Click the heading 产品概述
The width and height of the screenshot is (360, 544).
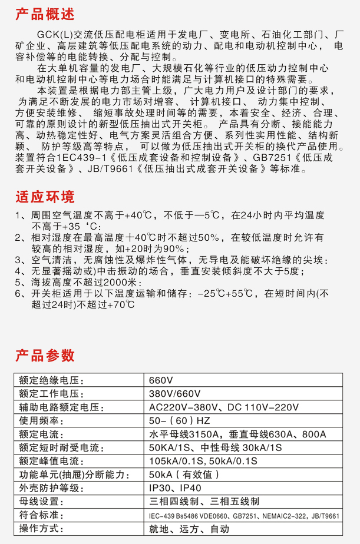click(45, 13)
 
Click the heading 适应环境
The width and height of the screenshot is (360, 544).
click(45, 197)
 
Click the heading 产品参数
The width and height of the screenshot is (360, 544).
click(45, 355)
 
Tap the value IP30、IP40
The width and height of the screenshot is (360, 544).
click(176, 488)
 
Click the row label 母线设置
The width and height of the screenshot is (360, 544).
click(41, 502)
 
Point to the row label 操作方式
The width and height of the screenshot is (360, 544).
click(41, 529)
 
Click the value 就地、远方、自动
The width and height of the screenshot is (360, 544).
click(189, 529)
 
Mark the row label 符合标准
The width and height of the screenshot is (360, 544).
click(41, 515)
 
